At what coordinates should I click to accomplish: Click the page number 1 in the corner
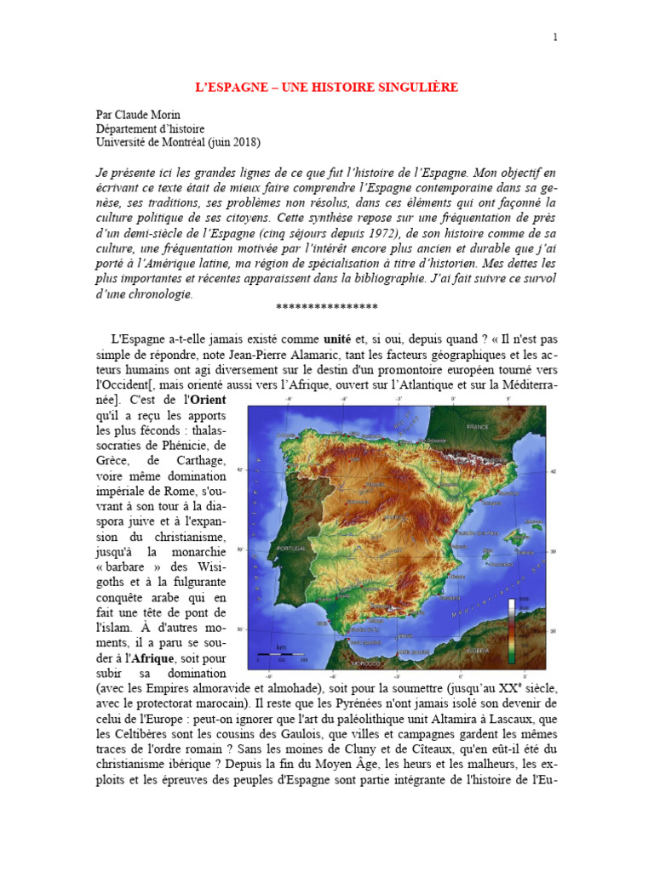click(555, 37)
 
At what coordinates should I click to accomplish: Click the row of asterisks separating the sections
click(327, 308)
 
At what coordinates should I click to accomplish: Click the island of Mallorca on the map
click(501, 538)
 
